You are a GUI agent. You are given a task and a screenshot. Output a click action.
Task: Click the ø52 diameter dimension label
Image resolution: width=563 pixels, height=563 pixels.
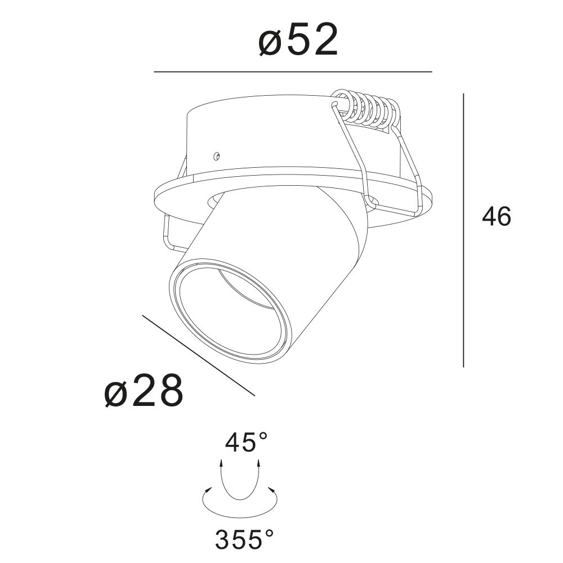click(298, 40)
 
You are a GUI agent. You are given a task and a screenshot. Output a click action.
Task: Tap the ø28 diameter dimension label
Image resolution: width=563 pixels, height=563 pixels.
click(144, 391)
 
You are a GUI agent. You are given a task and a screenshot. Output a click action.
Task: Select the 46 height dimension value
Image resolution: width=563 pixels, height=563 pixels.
click(497, 217)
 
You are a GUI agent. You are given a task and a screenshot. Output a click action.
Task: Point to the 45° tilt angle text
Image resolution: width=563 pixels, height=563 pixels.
click(247, 443)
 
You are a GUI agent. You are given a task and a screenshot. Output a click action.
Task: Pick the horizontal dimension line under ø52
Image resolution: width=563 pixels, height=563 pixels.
click(293, 72)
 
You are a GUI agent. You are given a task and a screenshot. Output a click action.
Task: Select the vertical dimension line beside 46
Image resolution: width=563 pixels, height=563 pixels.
click(463, 230)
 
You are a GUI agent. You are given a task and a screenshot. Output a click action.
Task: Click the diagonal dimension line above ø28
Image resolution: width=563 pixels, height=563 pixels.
click(199, 355)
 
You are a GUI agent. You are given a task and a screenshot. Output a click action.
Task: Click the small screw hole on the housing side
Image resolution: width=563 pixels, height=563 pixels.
click(216, 156)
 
